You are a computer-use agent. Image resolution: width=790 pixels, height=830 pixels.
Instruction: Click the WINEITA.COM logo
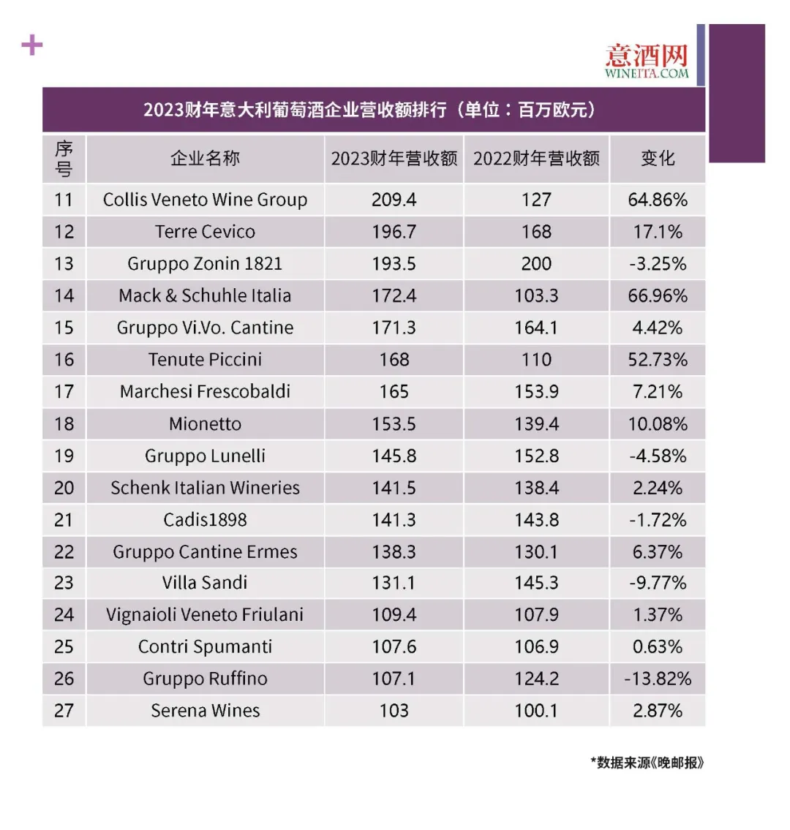(x=647, y=61)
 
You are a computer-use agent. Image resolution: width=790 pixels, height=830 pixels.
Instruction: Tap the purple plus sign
(x=32, y=45)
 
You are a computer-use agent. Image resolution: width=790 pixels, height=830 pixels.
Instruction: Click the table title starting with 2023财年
(x=373, y=110)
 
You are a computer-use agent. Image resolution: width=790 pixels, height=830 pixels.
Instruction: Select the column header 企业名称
(x=205, y=159)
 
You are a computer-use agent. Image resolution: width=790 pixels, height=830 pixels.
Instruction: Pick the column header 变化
(x=658, y=159)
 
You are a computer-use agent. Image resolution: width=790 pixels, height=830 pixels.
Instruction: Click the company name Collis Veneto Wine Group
(x=205, y=200)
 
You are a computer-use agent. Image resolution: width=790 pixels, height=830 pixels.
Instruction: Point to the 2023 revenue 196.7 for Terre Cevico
(x=394, y=232)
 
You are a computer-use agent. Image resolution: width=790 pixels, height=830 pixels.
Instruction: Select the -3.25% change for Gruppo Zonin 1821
(x=658, y=264)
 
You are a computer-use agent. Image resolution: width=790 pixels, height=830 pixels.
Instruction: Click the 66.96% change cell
(x=658, y=296)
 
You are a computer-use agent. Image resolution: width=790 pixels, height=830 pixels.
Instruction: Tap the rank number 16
(x=64, y=360)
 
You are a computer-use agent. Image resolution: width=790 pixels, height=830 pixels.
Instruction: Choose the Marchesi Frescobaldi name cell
(x=205, y=392)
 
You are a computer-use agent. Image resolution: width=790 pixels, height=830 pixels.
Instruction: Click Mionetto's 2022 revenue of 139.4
(x=536, y=424)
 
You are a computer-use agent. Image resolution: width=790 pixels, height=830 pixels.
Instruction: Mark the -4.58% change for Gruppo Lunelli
(x=658, y=456)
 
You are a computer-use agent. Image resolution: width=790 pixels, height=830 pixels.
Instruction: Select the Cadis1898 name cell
(x=205, y=520)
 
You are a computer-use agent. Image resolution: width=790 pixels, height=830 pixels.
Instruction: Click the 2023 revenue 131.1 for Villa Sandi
(x=394, y=583)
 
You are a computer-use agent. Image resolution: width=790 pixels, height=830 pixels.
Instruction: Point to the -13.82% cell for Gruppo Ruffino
(x=658, y=679)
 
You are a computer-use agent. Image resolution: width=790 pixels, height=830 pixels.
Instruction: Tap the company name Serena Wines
(x=205, y=711)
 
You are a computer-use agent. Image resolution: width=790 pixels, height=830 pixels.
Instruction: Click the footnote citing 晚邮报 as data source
(x=647, y=763)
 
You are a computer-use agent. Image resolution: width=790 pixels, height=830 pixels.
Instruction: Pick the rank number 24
(x=64, y=615)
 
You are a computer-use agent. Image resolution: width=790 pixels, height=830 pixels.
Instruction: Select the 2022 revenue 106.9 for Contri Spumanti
(x=536, y=647)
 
